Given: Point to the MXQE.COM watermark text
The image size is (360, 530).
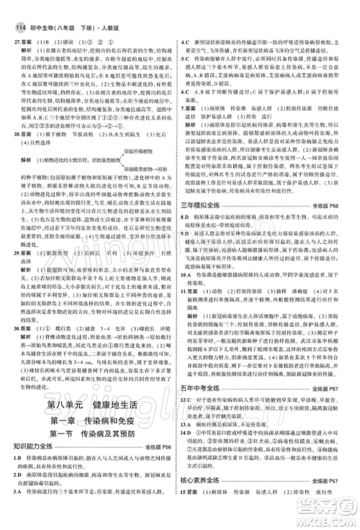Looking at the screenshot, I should tap(324, 524).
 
